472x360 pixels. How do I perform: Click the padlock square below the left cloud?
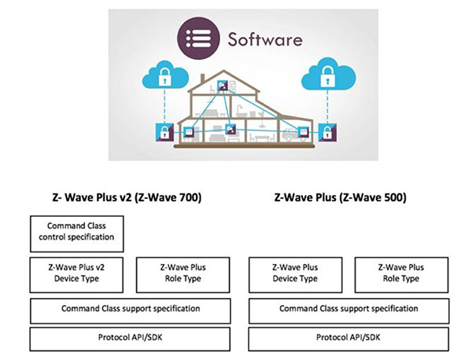(x=164, y=131)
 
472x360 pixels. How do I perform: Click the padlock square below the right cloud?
(x=325, y=131)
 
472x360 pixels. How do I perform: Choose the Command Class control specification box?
(x=79, y=232)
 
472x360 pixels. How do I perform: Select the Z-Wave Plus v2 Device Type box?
(x=79, y=273)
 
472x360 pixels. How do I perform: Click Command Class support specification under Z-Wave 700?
(x=132, y=310)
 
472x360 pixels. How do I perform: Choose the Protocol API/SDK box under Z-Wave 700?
(x=132, y=339)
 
